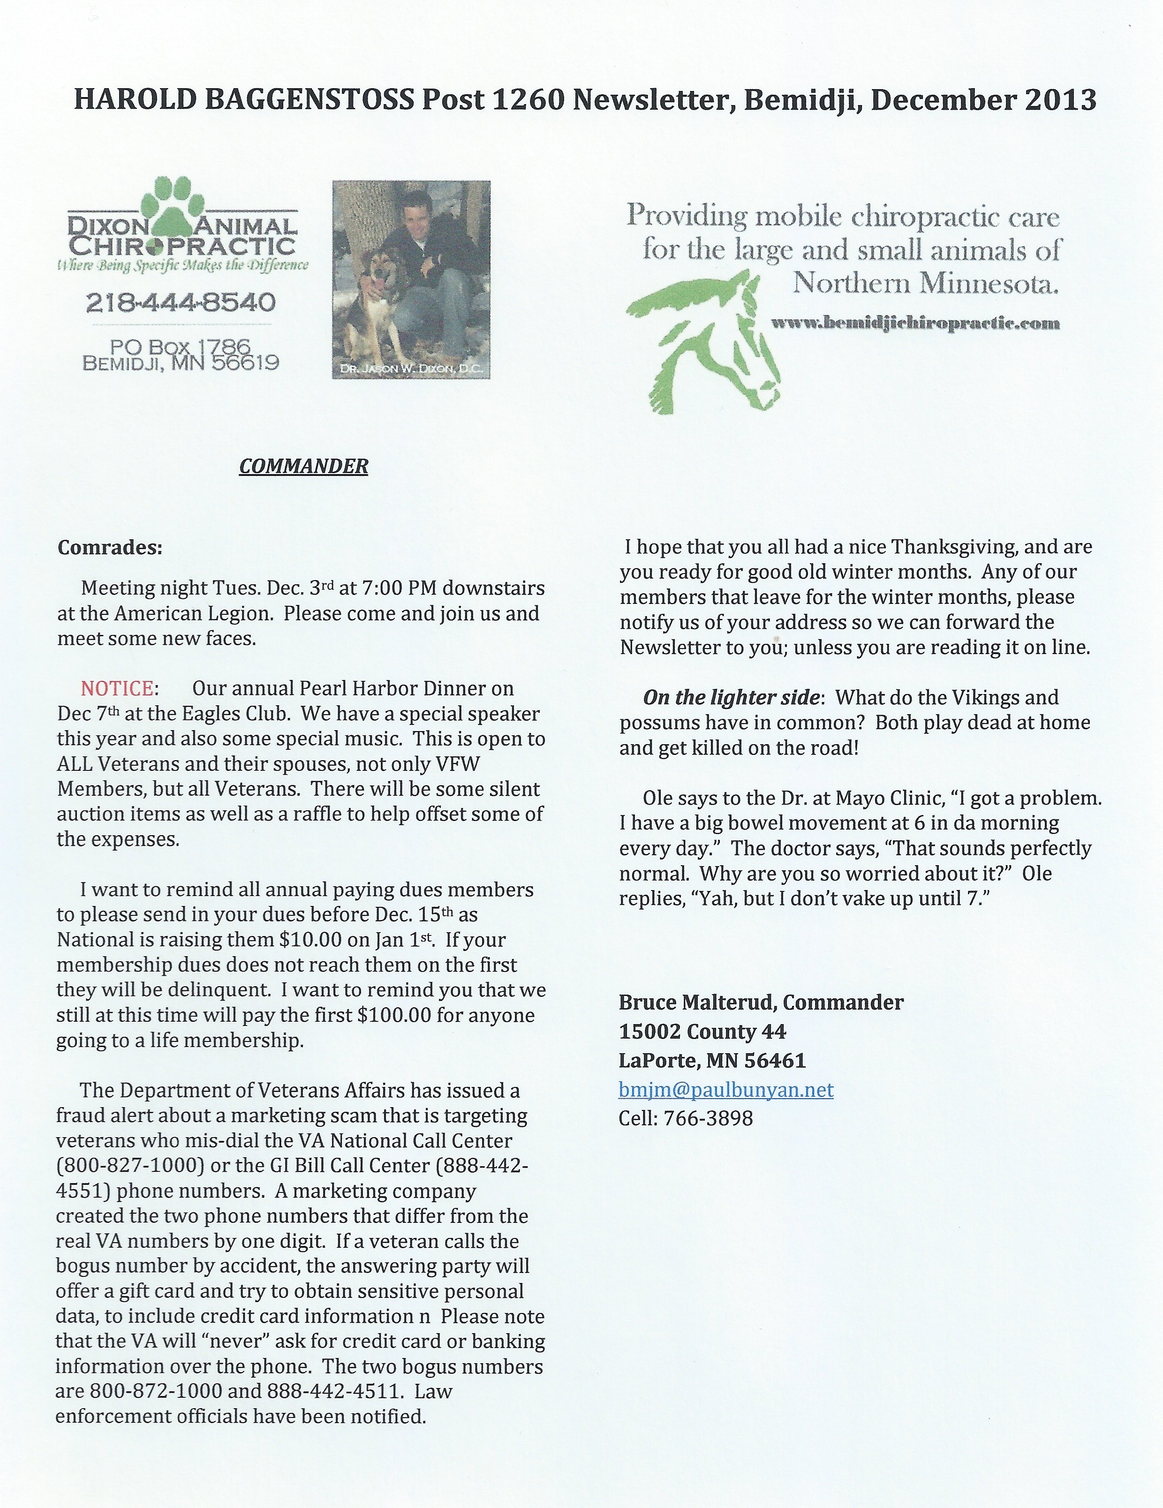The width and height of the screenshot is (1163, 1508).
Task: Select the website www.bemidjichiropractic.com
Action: (x=915, y=323)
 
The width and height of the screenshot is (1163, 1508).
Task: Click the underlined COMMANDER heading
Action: (x=303, y=466)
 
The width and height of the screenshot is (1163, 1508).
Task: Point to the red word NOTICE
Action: (x=117, y=688)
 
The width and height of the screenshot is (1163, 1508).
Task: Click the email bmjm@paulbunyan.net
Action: (x=726, y=1090)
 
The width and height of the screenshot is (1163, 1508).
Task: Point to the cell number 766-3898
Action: (x=708, y=1118)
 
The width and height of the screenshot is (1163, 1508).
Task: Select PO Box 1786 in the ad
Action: (x=181, y=345)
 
